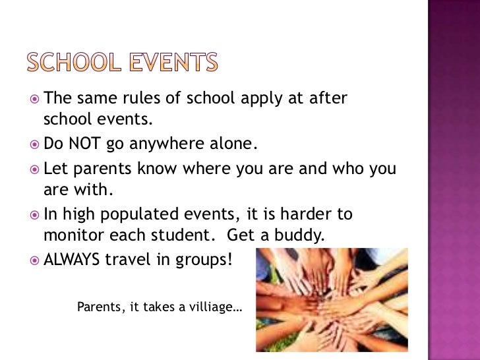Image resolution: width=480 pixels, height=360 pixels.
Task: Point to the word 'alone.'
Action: pos(227,143)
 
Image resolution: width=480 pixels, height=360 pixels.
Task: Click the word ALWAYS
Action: pos(71,259)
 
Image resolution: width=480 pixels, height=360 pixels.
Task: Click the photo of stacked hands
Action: pos(331,300)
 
